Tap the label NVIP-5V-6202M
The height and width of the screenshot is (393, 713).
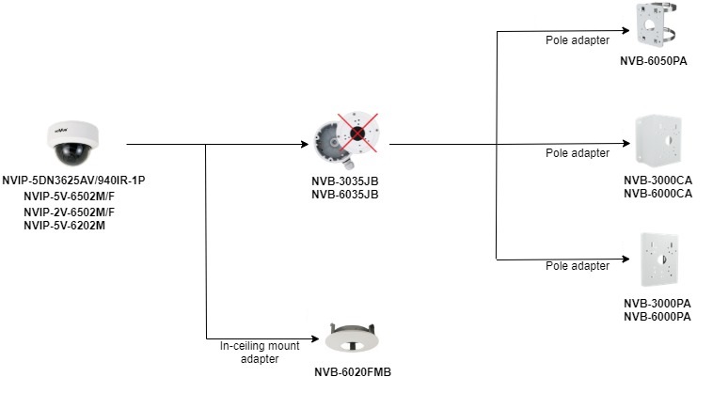64,226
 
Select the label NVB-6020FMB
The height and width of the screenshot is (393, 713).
352,371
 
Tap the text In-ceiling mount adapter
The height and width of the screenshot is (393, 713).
260,353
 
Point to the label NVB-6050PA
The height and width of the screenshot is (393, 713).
658,60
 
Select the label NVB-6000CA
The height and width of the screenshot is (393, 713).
658,194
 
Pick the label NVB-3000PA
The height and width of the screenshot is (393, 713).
657,304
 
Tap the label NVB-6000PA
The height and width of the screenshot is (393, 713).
657,317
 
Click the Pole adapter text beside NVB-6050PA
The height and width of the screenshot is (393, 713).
577,40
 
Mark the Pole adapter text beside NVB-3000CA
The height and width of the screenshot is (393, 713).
577,152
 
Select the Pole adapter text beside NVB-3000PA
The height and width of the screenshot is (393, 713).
577,266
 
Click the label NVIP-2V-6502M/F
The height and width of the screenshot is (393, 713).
68,212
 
